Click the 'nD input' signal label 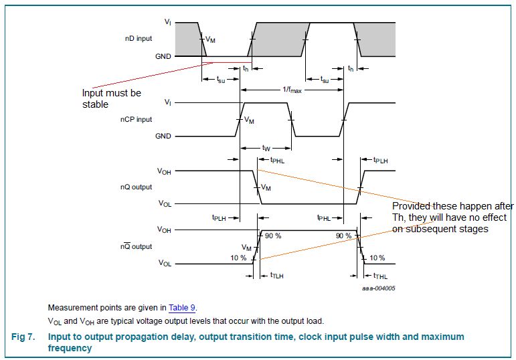(139, 39)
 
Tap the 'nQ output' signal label (138, 187)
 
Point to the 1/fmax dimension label (292, 89)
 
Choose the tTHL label (379, 276)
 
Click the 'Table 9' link (182, 308)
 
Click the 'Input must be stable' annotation (111, 98)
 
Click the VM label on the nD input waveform (211, 40)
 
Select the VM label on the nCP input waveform (250, 120)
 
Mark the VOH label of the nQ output (164, 171)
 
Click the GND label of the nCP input (163, 136)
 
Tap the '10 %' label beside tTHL (377, 258)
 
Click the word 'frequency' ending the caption (70, 348)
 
